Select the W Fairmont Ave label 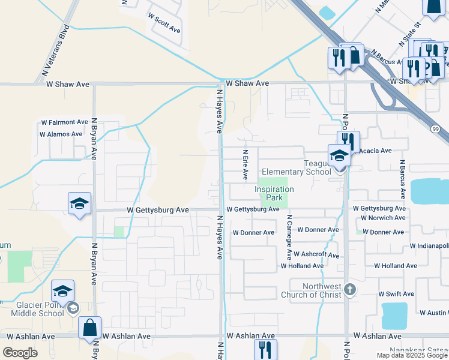point(64,122)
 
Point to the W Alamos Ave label point(61,134)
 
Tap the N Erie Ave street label point(245,165)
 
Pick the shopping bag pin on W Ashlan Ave point(89,328)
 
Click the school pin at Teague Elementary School point(339,155)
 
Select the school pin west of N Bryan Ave point(79,204)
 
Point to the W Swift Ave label point(396,294)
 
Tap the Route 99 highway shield point(435,128)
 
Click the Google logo point(20,352)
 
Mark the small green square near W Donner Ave point(359,232)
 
